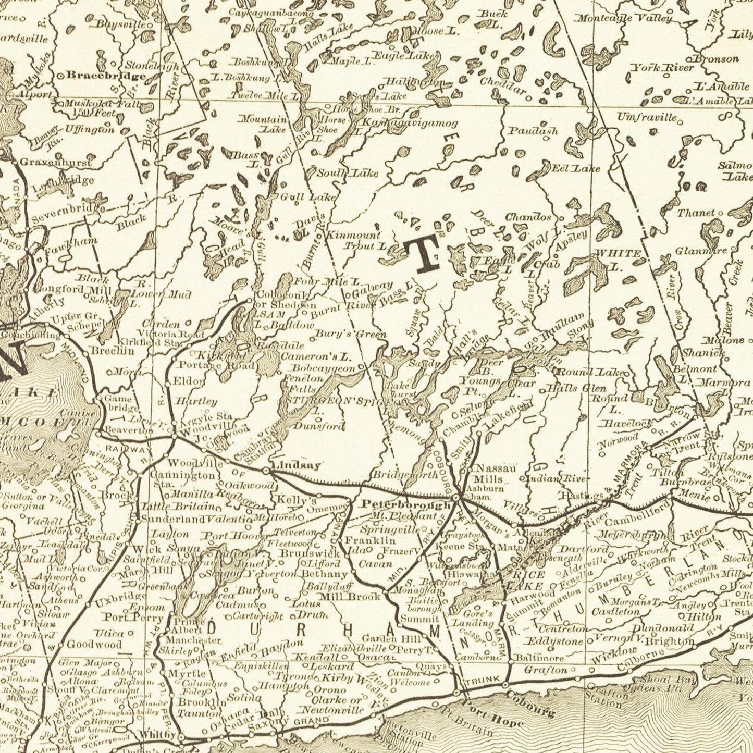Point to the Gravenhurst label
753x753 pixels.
point(55,163)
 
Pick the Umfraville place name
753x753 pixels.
point(647,117)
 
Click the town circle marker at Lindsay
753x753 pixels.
point(267,471)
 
